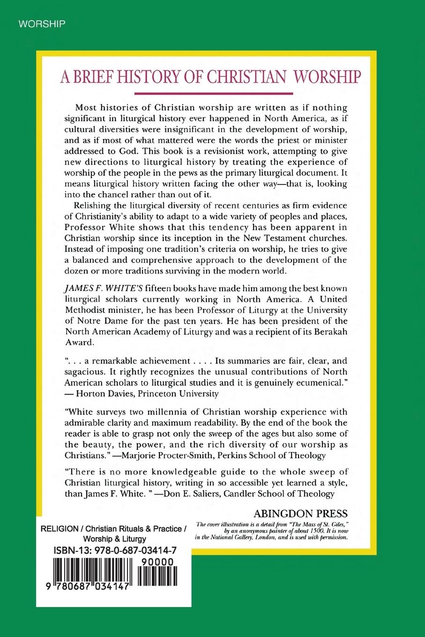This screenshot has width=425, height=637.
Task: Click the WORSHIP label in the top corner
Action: [42, 24]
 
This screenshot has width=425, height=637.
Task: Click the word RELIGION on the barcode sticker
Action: [60, 529]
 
